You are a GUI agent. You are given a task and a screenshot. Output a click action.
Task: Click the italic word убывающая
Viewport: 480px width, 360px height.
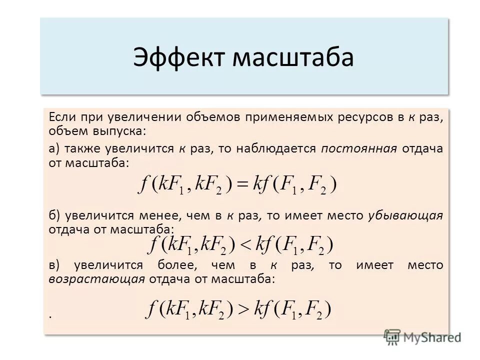[x=405, y=215]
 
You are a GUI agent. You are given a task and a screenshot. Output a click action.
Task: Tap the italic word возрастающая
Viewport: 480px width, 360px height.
[x=96, y=279]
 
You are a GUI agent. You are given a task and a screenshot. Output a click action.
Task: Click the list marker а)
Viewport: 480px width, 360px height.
[x=54, y=148]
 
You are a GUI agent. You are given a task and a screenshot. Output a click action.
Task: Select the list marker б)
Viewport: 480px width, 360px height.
[x=54, y=215]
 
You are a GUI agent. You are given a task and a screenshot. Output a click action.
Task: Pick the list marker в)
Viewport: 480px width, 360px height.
[x=54, y=265]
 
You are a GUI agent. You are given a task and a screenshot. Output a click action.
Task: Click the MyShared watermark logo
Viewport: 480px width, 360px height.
[x=422, y=336]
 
